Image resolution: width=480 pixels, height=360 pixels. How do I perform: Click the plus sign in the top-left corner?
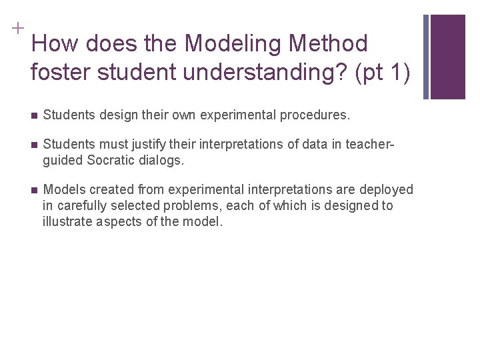15,29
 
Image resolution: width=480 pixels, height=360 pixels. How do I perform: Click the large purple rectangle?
448,57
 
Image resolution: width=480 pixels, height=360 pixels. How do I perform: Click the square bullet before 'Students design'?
34,115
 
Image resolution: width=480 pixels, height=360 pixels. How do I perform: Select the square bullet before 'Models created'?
34,190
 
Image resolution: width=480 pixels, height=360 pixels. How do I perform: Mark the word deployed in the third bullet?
387,189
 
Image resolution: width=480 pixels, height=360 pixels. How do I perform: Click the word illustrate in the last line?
66,221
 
